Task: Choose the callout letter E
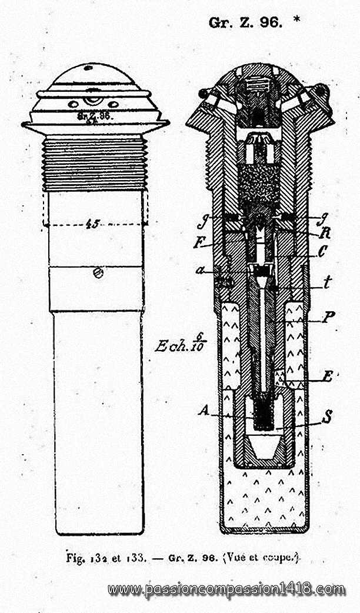[327, 378]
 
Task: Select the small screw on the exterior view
[101, 272]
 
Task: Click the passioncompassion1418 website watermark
[226, 589]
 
